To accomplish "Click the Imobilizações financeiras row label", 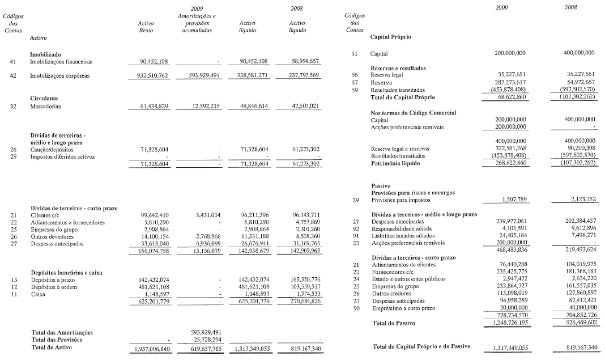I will (61, 61).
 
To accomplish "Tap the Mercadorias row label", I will (46, 105).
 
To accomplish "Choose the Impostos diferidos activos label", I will (62, 156).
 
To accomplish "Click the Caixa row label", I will (38, 294).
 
